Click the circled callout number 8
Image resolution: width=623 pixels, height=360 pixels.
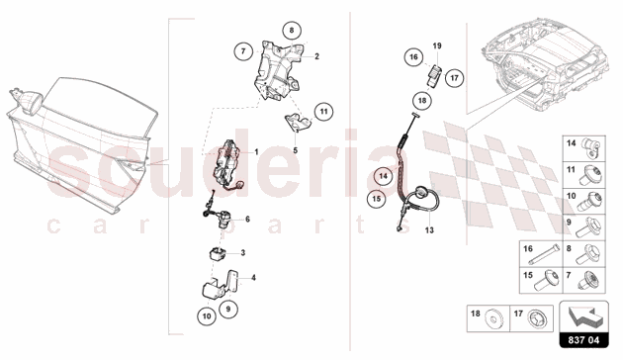[292, 30]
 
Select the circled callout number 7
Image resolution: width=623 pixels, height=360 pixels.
[243, 50]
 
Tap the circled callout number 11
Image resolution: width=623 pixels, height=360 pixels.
[323, 111]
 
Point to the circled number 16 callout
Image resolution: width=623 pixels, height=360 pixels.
[413, 56]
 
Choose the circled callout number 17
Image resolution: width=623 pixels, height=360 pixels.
[454, 78]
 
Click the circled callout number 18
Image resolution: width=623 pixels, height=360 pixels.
[422, 100]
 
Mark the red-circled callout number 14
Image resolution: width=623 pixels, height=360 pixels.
[383, 176]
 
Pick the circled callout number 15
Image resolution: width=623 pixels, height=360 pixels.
[376, 198]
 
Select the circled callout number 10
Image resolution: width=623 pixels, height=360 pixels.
[207, 316]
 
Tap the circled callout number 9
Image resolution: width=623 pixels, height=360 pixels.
[228, 309]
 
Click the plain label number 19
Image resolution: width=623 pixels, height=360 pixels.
[437, 45]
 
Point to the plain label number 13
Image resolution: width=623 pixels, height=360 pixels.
[429, 230]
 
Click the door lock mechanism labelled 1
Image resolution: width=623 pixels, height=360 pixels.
[227, 166]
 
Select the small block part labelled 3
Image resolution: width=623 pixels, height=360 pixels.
[217, 253]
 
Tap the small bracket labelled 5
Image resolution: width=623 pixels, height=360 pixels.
[297, 123]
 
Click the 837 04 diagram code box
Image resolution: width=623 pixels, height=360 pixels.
[583, 340]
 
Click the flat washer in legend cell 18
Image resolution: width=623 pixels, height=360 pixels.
[491, 320]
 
